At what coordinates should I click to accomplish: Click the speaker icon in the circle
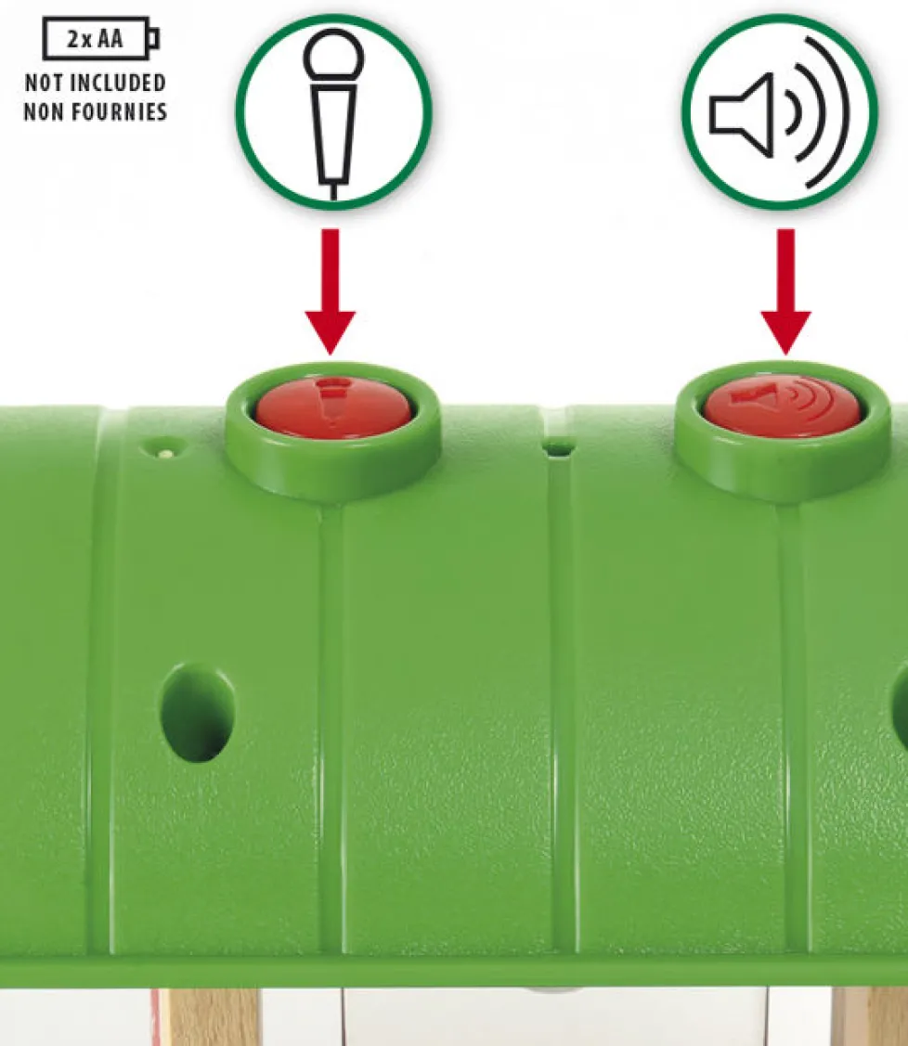[779, 111]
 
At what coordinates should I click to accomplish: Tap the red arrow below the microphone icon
[331, 291]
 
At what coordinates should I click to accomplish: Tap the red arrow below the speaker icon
[785, 291]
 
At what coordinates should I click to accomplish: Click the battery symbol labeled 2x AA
[101, 39]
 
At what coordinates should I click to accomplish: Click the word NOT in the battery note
[44, 83]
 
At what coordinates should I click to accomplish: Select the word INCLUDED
[118, 83]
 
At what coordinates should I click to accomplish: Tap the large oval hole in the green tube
[197, 713]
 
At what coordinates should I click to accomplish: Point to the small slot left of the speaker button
[560, 447]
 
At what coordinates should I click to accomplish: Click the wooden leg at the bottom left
[210, 1016]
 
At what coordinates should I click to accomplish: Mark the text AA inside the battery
[110, 39]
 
